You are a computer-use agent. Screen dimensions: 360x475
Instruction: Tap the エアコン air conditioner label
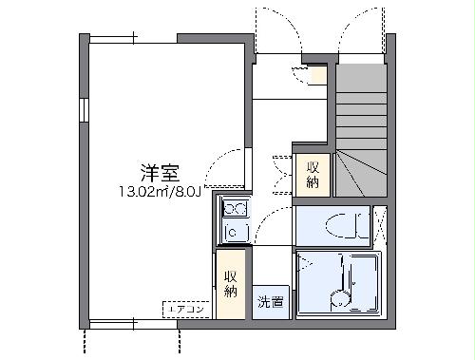(185, 309)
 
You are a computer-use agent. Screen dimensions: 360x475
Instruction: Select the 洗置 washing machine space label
(270, 303)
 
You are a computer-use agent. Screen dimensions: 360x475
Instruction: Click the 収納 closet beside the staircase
(312, 174)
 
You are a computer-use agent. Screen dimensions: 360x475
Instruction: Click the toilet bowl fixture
(339, 226)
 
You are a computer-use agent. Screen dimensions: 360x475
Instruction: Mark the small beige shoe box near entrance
(317, 75)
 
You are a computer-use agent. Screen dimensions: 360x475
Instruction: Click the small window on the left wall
(84, 109)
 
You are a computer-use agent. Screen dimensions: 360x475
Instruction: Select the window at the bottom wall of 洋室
(132, 326)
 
